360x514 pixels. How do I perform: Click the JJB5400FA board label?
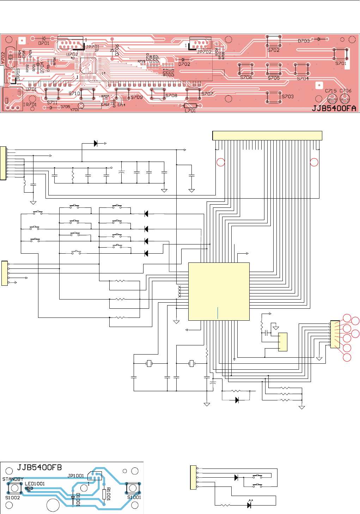334,108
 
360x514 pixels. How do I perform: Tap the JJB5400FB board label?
39,468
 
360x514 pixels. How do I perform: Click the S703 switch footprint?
274,97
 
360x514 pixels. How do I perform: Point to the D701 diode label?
44,43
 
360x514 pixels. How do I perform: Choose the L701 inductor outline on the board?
190,106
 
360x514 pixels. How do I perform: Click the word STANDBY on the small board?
13,479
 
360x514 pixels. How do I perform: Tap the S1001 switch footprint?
133,488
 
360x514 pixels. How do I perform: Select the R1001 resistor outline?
104,495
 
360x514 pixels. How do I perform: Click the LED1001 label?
35,484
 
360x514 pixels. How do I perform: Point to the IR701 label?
30,104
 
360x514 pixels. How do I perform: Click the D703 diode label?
303,41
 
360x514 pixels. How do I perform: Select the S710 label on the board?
74,93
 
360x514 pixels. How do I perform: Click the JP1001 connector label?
76,476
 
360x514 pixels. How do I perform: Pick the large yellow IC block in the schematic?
219,291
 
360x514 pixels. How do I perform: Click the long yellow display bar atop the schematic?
267,135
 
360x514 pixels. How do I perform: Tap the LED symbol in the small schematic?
249,505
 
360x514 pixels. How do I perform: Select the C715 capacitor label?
330,91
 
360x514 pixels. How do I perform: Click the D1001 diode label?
78,500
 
